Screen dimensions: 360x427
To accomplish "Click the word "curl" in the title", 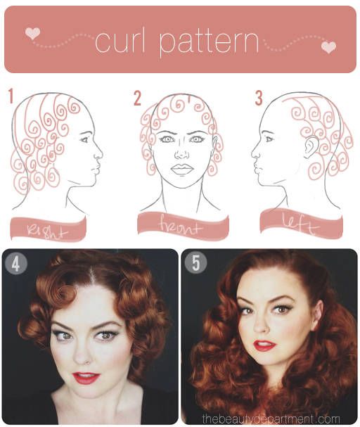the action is click(120, 42).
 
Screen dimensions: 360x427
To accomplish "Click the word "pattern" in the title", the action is click(209, 44).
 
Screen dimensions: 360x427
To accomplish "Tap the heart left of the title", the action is click(32, 34).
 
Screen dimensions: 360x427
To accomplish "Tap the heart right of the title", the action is click(328, 47).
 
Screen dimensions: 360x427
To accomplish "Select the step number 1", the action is click(11, 96).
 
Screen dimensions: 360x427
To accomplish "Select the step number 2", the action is click(137, 98).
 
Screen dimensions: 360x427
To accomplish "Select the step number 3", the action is click(259, 98).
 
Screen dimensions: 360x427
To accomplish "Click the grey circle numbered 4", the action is click(15, 263).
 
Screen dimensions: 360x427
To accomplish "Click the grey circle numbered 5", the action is click(195, 263).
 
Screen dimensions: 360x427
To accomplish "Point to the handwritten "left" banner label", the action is click(300, 224).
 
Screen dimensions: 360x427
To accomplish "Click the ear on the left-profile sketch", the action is click(311, 147).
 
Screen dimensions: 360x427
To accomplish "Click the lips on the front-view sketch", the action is click(182, 170).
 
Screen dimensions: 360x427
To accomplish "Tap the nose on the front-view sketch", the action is click(182, 155).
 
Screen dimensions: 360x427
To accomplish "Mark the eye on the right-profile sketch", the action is click(84, 140).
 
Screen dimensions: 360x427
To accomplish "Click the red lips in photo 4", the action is click(86, 378).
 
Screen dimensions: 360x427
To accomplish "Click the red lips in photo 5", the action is click(264, 345).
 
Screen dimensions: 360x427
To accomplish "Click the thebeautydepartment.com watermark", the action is click(271, 419).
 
